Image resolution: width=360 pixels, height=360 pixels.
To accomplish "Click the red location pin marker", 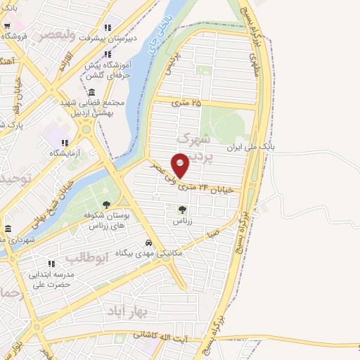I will coord(181,164).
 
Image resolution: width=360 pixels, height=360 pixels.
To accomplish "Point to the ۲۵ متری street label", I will coord(186,103).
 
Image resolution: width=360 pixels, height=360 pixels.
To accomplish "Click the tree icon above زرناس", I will coord(183,209).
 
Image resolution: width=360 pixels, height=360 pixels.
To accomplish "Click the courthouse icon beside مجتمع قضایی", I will coord(92,92).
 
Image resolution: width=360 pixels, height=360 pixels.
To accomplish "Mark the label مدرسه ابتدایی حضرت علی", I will coord(53,279).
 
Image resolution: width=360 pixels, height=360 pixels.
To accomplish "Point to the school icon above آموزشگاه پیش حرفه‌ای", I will coord(107,54).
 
